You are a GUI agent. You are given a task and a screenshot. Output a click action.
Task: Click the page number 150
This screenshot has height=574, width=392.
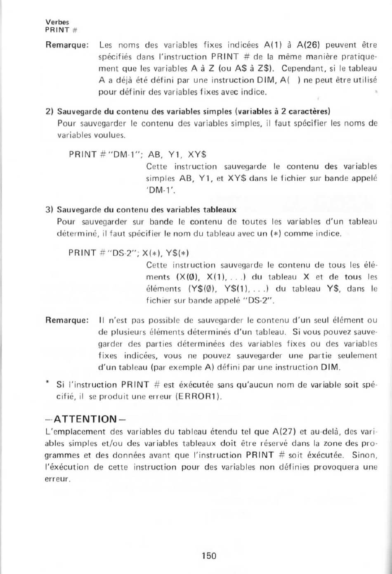coord(209,555)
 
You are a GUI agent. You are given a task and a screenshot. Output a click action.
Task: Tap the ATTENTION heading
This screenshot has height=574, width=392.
coord(85,420)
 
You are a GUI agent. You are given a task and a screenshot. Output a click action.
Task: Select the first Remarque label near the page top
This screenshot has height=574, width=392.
coord(68,45)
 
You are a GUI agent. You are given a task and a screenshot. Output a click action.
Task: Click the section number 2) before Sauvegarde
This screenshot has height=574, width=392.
coord(50,111)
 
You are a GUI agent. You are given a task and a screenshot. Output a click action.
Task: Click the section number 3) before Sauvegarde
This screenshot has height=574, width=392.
coord(50,210)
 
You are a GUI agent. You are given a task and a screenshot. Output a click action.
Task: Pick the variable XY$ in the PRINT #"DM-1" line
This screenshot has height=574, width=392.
coord(197,155)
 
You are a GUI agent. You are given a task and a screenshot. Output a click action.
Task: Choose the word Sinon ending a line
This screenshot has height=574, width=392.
coord(365,455)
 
